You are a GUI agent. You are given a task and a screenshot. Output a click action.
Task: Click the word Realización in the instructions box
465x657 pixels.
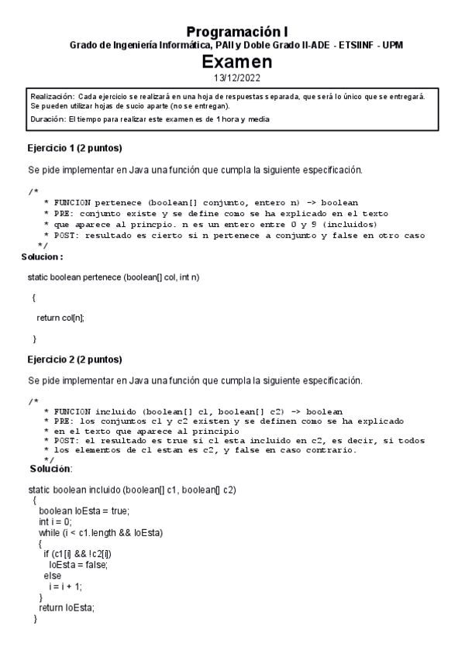(52, 95)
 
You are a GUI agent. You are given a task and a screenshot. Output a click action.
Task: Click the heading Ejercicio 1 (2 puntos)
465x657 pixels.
(74, 148)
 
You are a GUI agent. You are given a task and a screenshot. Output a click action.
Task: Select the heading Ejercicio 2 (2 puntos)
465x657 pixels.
(74, 359)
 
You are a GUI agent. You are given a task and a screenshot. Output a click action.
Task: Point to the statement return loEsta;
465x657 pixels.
(66, 608)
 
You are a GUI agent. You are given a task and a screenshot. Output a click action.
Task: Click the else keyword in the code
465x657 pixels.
(52, 576)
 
